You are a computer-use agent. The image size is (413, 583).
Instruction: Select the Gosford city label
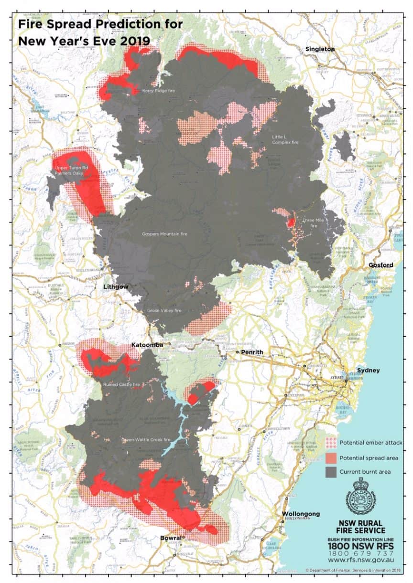pos(380,265)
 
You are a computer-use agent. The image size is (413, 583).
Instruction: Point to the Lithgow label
pos(117,287)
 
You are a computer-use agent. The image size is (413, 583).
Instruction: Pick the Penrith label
pos(252,352)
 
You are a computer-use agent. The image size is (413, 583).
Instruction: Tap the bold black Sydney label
pos(368,371)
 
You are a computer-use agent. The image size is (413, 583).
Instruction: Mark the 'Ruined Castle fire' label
pos(121,383)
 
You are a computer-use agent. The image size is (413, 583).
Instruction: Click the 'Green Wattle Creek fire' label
pos(146,439)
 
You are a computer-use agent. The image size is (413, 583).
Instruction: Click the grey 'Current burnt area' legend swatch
pos(330,472)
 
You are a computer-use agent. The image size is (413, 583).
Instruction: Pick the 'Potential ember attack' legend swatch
pos(330,443)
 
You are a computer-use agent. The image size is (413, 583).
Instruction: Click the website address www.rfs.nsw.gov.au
pos(361,560)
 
